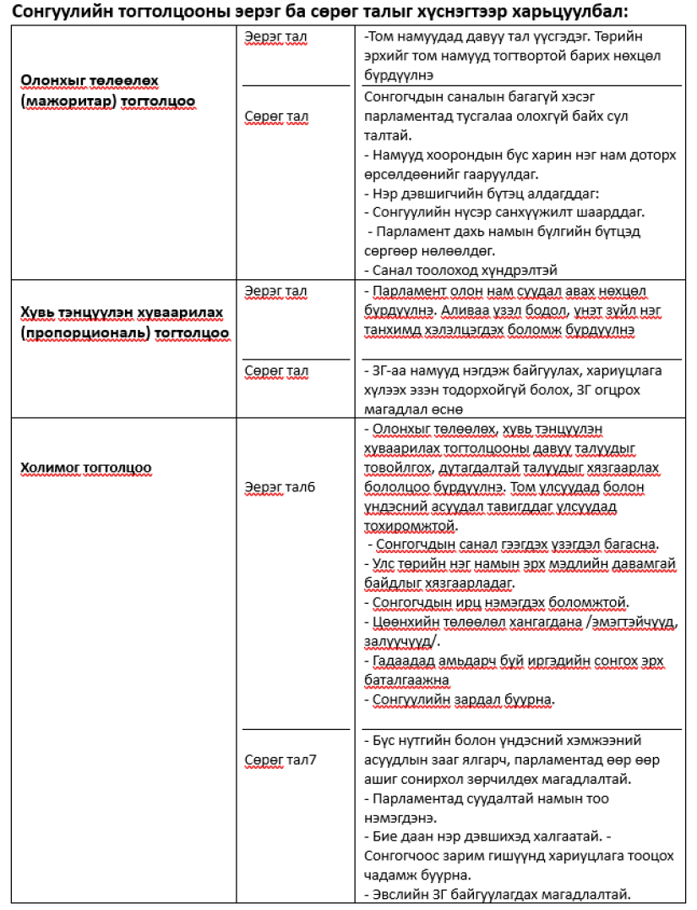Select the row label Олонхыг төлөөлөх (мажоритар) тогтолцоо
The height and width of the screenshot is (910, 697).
(x=107, y=90)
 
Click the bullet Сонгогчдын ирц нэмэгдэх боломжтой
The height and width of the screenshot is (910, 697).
(x=500, y=603)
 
